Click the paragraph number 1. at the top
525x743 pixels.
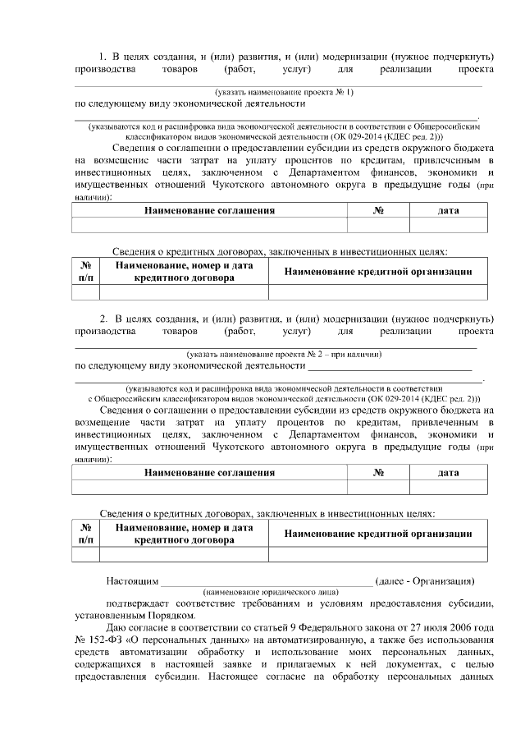[x=103, y=56]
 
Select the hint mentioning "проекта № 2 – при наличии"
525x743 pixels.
[x=284, y=354]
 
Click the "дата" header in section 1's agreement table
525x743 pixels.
[x=448, y=211]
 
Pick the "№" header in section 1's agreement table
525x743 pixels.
[x=378, y=211]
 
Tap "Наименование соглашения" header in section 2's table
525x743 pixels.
[x=209, y=473]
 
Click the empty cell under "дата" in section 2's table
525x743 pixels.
[x=448, y=488]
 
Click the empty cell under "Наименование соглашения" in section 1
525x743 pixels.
[x=209, y=226]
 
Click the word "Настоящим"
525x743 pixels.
[x=131, y=581]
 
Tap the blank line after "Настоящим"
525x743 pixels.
[x=266, y=582]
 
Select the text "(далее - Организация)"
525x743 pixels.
[x=424, y=581]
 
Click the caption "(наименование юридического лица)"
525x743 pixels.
[x=266, y=591]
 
